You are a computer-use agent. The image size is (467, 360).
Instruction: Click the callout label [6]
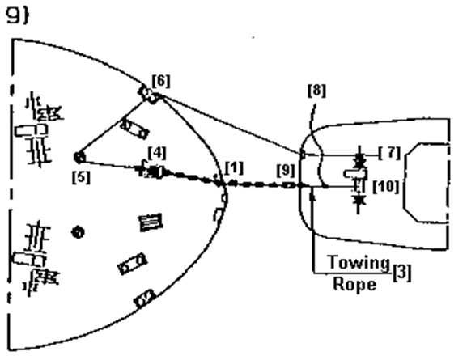[161, 81]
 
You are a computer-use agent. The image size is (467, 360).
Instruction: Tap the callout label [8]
[316, 91]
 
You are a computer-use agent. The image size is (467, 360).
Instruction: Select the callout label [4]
[157, 153]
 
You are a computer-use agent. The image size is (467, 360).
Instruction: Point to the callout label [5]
[81, 177]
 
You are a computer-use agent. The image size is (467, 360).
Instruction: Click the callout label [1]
[234, 168]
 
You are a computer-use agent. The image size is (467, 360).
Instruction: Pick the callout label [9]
[286, 170]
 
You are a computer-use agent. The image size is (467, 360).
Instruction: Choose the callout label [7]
[390, 153]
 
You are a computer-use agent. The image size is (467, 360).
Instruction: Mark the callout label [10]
[386, 187]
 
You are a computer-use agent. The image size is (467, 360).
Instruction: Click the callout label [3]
[401, 272]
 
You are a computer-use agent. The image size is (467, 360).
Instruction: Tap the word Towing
[359, 262]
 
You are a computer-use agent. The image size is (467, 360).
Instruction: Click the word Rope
[354, 284]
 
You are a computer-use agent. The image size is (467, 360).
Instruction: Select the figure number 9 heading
[18, 15]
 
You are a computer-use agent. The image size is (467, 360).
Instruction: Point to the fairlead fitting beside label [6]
[149, 94]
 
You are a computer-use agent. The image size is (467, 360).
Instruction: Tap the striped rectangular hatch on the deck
[151, 222]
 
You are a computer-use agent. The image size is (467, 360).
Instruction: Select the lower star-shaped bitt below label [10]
[359, 200]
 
